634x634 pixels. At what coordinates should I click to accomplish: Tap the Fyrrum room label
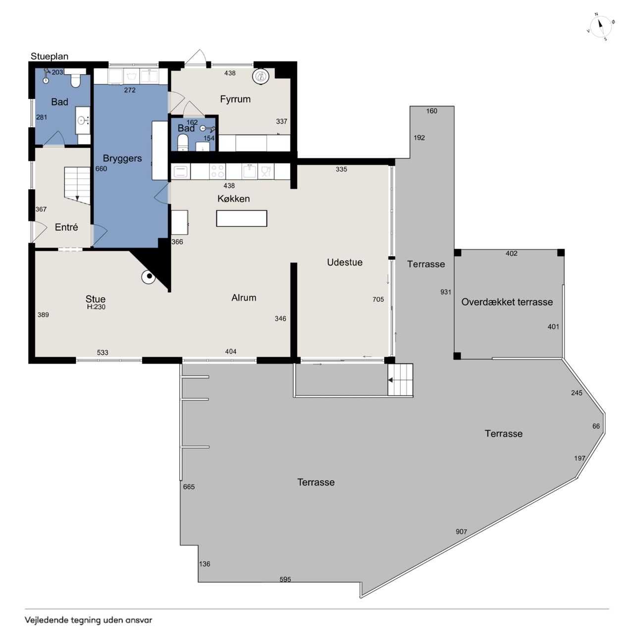[235, 99]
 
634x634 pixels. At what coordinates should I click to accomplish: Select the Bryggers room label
[122, 158]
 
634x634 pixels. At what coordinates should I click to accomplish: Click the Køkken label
[233, 199]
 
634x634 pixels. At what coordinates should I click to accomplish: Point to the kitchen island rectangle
[241, 218]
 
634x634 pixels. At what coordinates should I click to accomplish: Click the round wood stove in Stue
[149, 277]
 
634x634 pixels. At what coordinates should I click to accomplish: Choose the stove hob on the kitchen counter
[217, 171]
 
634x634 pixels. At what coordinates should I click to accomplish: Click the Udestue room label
[344, 262]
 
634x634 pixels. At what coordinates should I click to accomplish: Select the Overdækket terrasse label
[507, 302]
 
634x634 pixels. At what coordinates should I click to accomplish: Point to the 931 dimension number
[445, 292]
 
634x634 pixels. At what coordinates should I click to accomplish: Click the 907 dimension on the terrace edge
[461, 531]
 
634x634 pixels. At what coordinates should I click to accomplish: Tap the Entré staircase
[77, 186]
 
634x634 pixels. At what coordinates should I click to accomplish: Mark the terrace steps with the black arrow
[400, 380]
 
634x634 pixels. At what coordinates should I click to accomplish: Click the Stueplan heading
[50, 56]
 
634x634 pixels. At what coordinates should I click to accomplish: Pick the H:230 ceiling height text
[96, 307]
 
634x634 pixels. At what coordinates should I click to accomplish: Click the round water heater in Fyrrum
[261, 76]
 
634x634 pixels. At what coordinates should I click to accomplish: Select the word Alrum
[244, 297]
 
